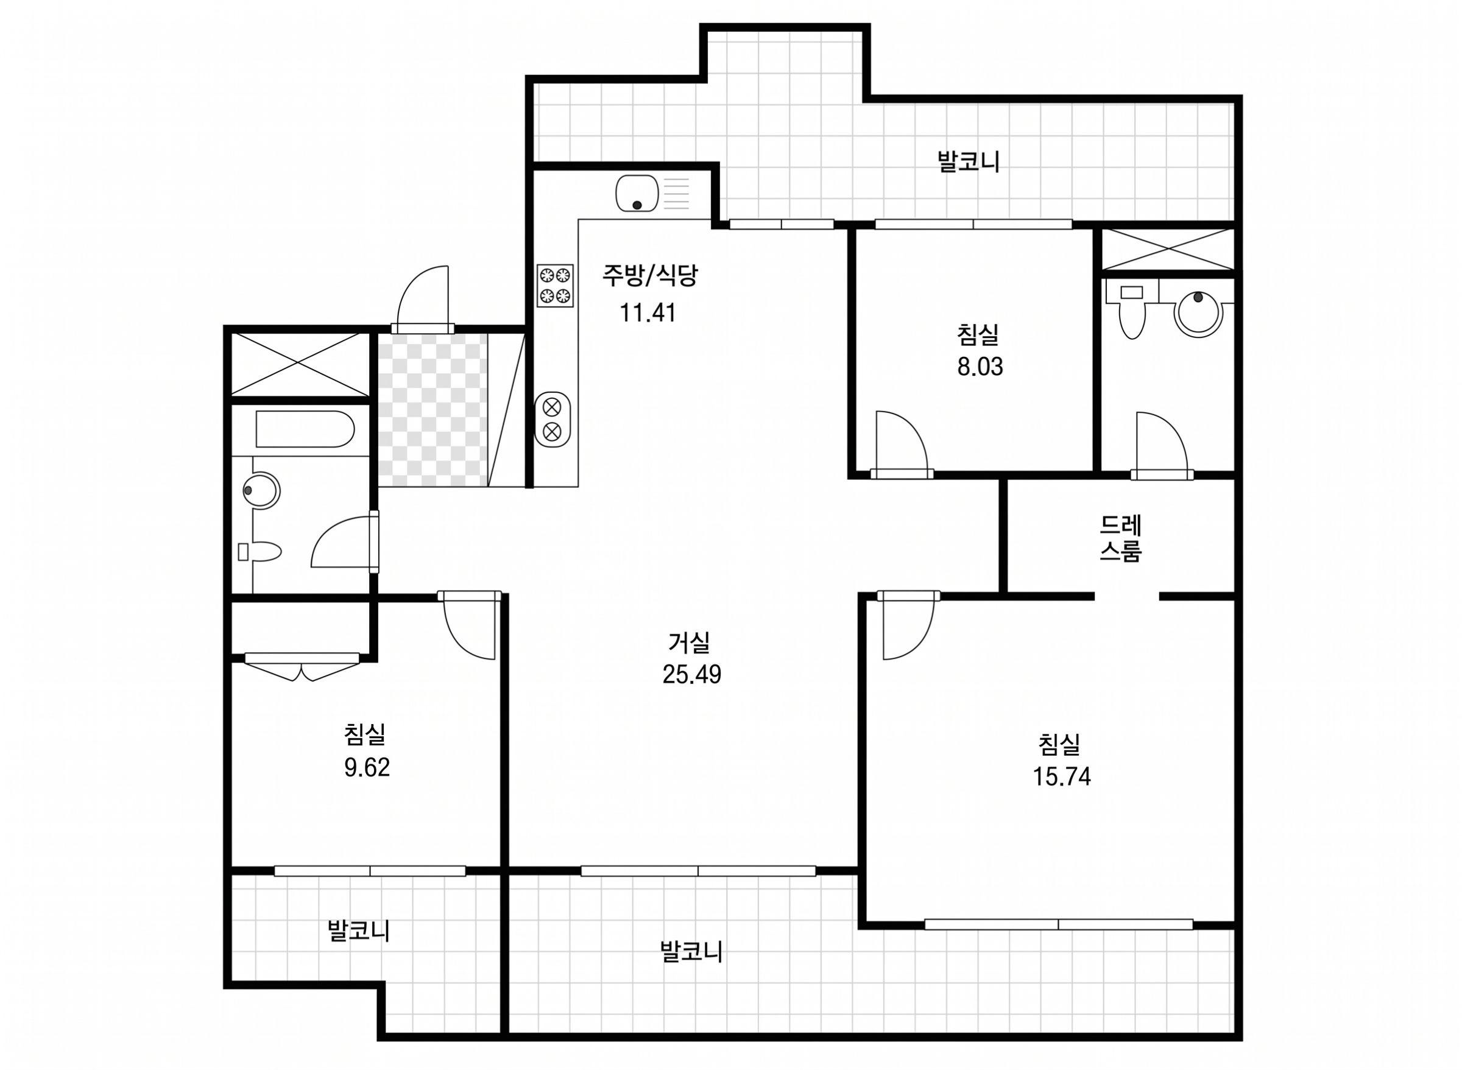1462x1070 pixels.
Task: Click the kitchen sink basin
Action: point(637,193)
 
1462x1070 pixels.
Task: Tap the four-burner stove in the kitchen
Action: point(556,285)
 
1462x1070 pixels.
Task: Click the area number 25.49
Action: point(691,675)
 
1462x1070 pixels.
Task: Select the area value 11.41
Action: point(648,313)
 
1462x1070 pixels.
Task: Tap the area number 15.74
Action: point(1062,776)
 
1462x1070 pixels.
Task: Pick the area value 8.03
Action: point(980,367)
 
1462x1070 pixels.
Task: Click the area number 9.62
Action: point(367,767)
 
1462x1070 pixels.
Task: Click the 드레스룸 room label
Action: point(1121,538)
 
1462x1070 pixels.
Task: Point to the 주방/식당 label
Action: point(650,275)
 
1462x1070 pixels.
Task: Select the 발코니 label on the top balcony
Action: point(969,161)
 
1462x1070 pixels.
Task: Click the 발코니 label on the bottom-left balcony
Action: point(359,931)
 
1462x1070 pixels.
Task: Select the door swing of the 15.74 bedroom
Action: point(908,625)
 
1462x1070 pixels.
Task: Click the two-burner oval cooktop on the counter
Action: point(552,419)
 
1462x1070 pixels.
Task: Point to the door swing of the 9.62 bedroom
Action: point(470,625)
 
